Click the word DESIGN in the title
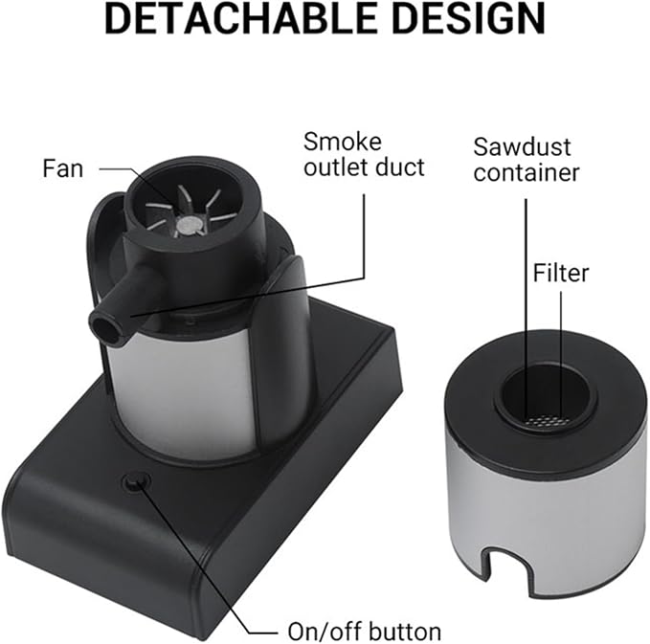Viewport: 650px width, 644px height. point(469,18)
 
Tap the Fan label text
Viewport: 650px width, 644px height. point(63,169)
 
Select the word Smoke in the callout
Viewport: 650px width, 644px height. point(343,143)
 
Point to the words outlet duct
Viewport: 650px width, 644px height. point(365,167)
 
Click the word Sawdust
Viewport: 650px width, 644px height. point(522,146)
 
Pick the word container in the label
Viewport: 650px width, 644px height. point(527,172)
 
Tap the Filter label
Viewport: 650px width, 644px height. point(560,273)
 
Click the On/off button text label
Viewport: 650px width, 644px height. point(365,632)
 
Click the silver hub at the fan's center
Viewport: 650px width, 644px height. point(190,224)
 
